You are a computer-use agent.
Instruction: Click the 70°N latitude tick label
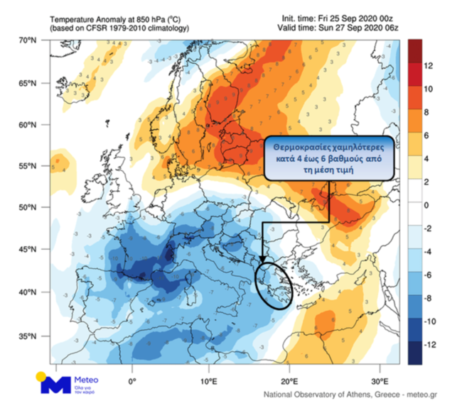27,40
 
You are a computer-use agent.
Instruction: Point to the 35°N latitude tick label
27,336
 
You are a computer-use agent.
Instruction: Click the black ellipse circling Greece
274,286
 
